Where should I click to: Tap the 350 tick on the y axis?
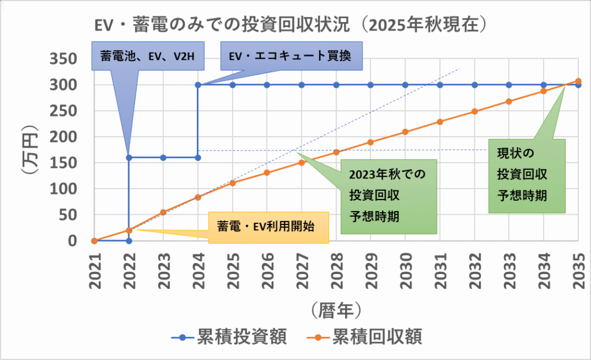click(x=68, y=59)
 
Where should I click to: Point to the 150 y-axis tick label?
click(x=68, y=163)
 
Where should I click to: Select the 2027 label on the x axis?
click(x=302, y=271)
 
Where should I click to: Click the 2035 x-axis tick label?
click(x=578, y=271)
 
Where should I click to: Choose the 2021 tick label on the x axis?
click(x=94, y=271)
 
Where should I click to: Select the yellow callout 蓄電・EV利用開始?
click(x=265, y=227)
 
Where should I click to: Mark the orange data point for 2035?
click(x=578, y=81)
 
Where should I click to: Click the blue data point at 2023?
click(x=163, y=157)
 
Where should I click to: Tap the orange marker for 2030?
click(x=405, y=132)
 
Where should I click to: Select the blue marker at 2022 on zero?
click(x=128, y=241)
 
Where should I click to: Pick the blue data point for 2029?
click(x=371, y=85)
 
